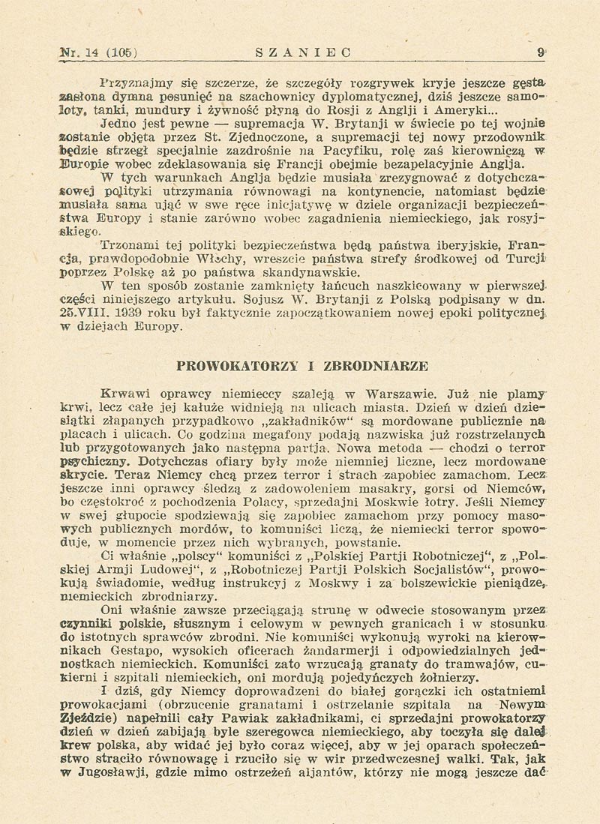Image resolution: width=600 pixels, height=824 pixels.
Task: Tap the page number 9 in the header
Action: click(x=539, y=52)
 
